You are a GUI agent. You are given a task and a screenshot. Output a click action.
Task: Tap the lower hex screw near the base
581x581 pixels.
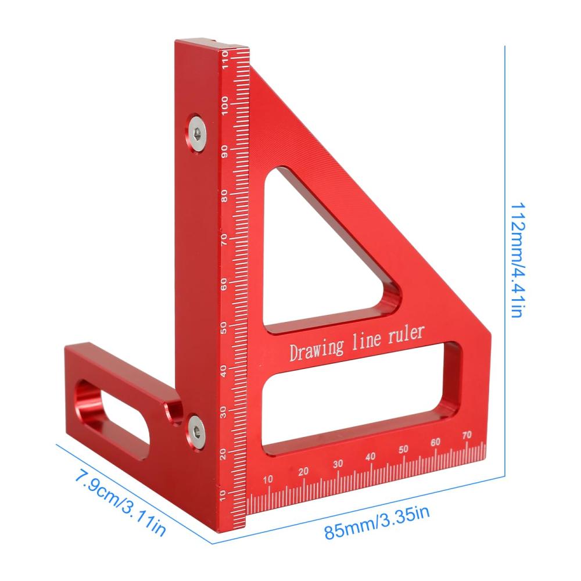(x=196, y=431)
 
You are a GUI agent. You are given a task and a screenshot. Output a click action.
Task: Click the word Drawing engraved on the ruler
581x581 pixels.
(x=317, y=350)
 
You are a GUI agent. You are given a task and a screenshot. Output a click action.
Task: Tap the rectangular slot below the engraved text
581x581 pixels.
(x=362, y=397)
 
